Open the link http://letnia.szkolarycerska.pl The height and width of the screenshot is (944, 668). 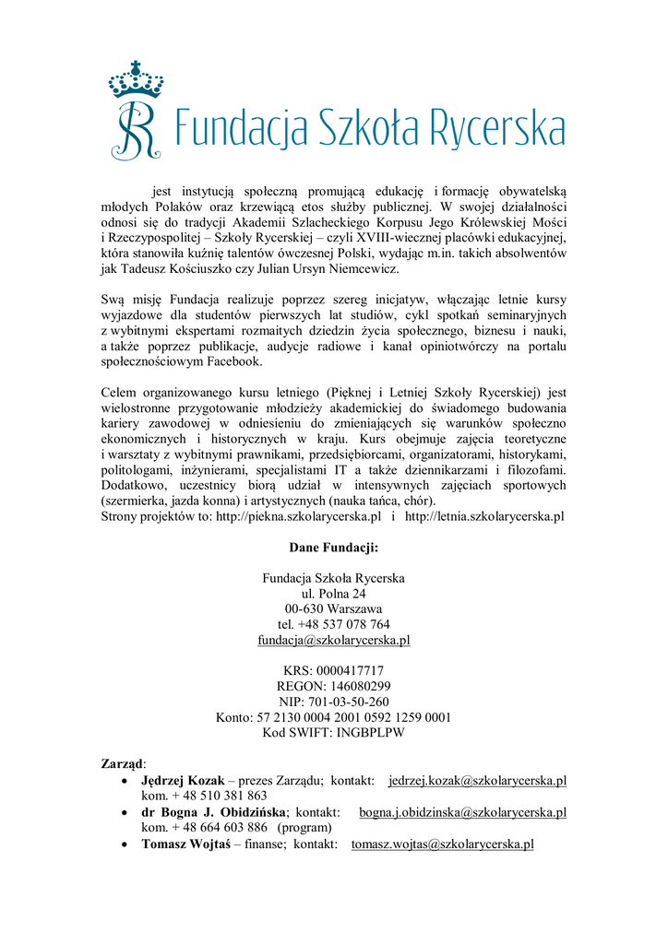click(484, 516)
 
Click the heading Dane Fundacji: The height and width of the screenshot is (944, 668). click(333, 548)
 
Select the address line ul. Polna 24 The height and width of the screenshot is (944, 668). click(333, 594)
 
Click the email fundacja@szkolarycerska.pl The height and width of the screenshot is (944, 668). click(333, 640)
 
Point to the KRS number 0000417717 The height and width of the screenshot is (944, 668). click(350, 671)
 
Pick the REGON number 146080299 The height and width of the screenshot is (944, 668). click(355, 687)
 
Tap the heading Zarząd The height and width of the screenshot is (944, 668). click(122, 764)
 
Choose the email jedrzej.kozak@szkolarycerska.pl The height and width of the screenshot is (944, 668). click(477, 781)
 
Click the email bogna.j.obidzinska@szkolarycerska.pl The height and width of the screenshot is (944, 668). click(462, 812)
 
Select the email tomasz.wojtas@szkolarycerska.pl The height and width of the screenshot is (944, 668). click(443, 844)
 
